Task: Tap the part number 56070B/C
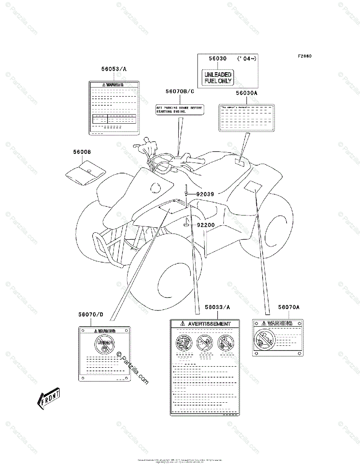coord(179,91)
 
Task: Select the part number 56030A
coord(246,93)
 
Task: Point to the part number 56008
coord(81,152)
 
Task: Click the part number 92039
coord(205,194)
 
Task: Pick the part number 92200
coord(205,225)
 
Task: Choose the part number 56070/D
coord(90,314)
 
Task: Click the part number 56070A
coord(289,307)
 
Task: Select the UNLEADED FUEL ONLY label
coord(217,78)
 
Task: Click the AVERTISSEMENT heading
coord(209,324)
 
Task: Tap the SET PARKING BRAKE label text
coord(179,110)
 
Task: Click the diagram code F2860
coord(304,56)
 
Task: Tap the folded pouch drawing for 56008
coord(85,171)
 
